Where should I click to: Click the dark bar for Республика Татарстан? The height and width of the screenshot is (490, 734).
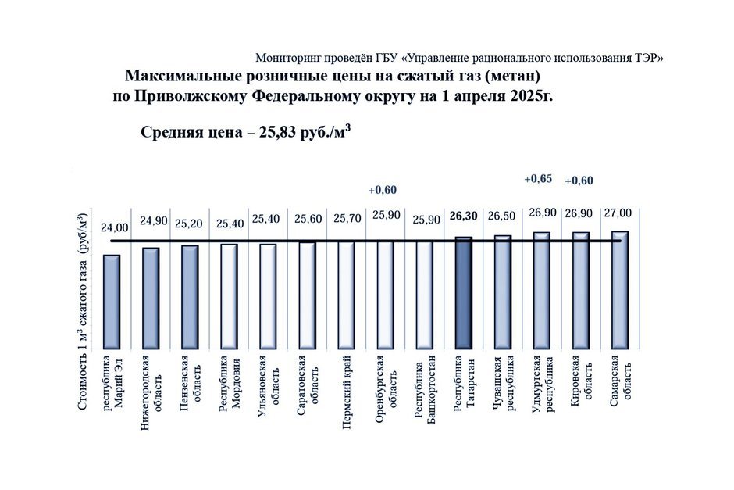(x=463, y=292)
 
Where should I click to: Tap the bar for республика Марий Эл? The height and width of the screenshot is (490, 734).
(x=112, y=301)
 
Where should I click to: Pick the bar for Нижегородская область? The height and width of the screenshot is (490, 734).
(x=151, y=298)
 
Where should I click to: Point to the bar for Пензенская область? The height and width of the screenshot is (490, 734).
(x=190, y=296)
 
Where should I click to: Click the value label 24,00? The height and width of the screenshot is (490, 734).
(x=115, y=227)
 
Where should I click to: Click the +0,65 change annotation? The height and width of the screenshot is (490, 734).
(x=537, y=179)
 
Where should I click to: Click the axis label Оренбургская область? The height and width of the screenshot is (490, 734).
(x=384, y=388)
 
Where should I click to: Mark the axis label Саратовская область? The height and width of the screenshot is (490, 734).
(x=306, y=388)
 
